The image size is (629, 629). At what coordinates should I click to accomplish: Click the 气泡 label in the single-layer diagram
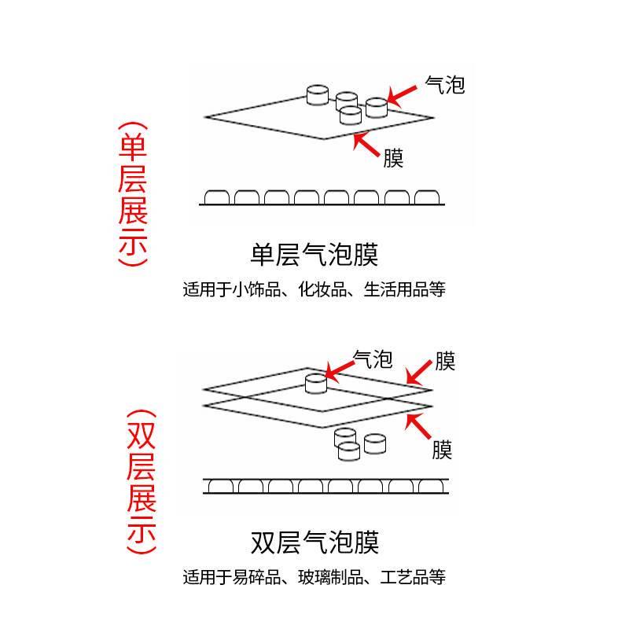pyautogui.click(x=444, y=84)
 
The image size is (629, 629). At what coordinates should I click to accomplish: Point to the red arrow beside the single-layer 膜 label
pyautogui.click(x=367, y=145)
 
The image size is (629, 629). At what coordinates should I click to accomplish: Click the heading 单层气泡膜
pyautogui.click(x=314, y=256)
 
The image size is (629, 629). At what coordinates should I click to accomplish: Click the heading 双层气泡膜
pyautogui.click(x=314, y=543)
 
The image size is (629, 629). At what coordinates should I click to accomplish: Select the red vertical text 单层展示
pyautogui.click(x=132, y=195)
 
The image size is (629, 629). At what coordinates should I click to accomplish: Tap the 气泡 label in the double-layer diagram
pyautogui.click(x=373, y=359)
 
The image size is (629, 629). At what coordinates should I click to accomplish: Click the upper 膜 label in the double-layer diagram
pyautogui.click(x=444, y=362)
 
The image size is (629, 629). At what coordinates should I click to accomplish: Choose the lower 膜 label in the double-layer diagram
pyautogui.click(x=442, y=450)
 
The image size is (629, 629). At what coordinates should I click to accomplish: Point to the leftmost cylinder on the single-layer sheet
pyautogui.click(x=317, y=95)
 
